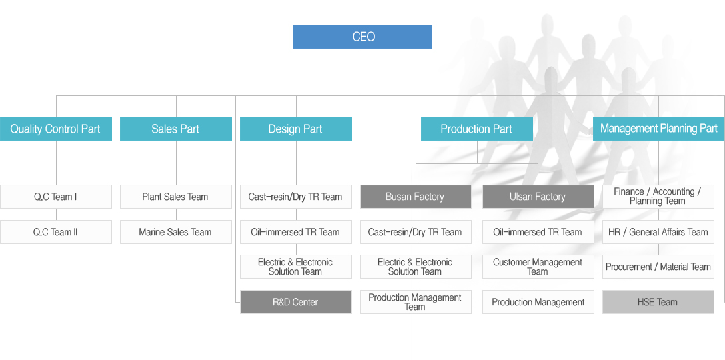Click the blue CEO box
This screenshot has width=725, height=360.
[x=362, y=37]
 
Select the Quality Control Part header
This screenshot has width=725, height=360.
[x=55, y=129]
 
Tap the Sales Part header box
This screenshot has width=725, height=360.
[x=175, y=129]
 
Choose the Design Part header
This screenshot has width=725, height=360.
[x=295, y=129]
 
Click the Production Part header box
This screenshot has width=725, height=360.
[x=476, y=129]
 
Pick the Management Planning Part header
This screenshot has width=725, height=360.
[x=658, y=129]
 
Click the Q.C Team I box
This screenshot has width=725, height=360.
[x=55, y=197]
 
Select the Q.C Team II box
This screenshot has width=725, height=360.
[x=55, y=232]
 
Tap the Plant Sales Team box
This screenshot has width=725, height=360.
[x=175, y=197]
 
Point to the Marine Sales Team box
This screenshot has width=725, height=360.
[x=175, y=232]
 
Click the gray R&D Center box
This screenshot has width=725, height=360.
[x=295, y=302]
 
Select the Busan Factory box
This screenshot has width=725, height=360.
[x=415, y=197]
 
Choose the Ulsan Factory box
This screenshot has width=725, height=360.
[x=538, y=197]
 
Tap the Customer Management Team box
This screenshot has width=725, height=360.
[x=538, y=267]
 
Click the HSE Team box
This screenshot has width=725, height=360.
[x=658, y=302]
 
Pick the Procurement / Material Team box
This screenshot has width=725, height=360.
[x=658, y=267]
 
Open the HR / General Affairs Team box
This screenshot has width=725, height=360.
[x=658, y=232]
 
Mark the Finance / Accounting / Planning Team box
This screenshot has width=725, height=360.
[x=658, y=197]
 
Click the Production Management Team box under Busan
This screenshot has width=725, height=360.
[x=415, y=302]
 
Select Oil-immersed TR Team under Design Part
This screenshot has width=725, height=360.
[x=295, y=232]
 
